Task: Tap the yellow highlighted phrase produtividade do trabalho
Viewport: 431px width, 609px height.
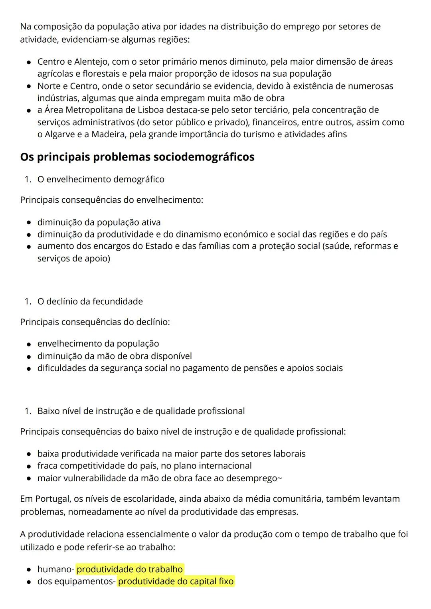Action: [130, 569]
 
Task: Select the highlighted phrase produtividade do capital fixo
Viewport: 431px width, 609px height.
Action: [176, 581]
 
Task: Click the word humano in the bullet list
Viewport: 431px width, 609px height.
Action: [54, 569]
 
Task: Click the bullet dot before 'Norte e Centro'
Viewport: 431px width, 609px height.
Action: [29, 87]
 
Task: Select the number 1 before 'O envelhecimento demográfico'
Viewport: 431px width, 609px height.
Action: [27, 180]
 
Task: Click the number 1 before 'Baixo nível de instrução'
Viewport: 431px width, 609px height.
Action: [27, 411]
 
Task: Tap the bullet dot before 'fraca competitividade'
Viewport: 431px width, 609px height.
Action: [29, 466]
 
